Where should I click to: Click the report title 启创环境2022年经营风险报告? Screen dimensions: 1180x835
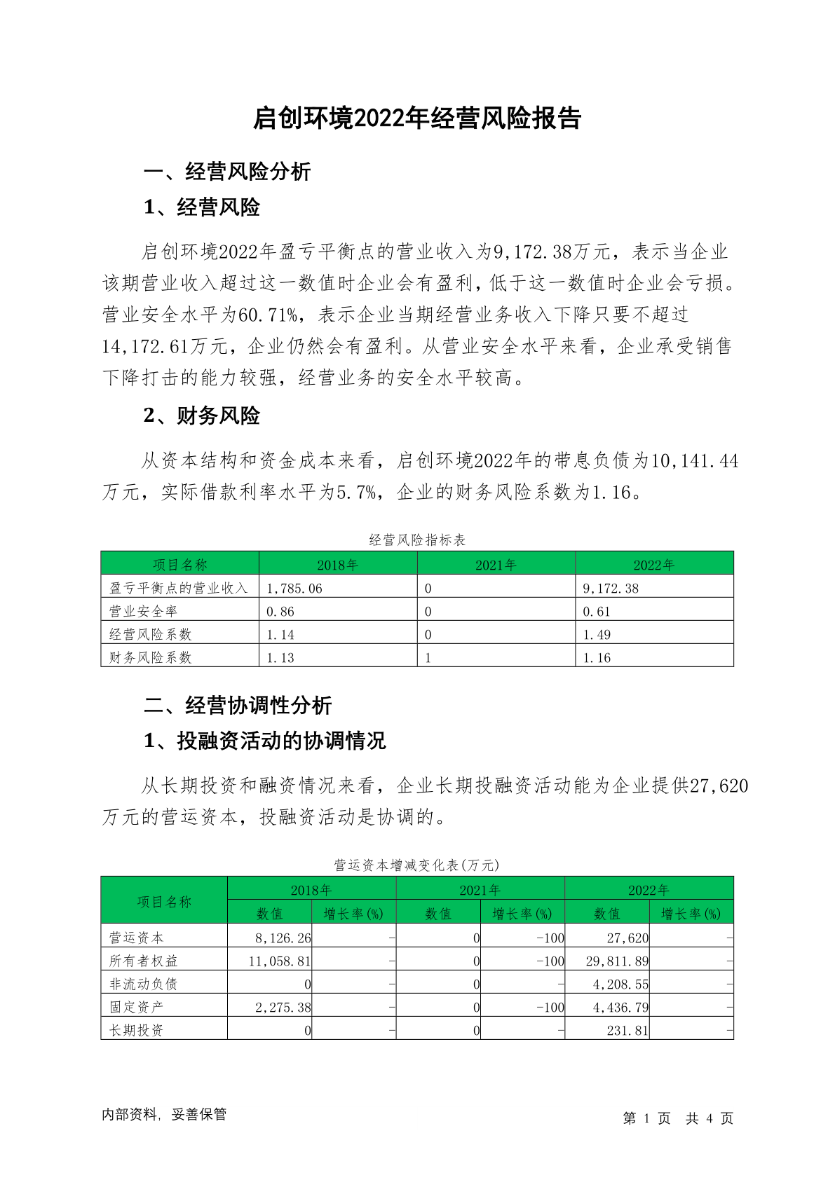(x=417, y=118)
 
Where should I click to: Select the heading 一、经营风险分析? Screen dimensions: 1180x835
(x=227, y=172)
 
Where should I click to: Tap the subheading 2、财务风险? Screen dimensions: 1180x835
(x=202, y=416)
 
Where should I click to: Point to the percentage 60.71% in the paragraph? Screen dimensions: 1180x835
(x=269, y=315)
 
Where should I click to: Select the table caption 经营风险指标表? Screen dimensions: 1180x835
(x=417, y=540)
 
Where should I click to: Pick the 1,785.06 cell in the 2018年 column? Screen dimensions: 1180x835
(x=294, y=589)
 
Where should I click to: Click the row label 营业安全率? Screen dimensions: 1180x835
(x=144, y=612)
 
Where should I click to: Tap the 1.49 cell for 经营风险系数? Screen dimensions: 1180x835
(x=597, y=635)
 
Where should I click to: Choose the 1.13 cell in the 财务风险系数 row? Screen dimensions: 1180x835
(x=280, y=658)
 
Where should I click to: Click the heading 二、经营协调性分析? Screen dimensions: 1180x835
(x=238, y=706)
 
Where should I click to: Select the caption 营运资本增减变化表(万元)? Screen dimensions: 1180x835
(x=417, y=865)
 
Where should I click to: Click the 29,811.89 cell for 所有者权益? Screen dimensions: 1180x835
(x=617, y=961)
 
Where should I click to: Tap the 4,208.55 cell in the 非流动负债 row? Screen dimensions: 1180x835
(x=620, y=984)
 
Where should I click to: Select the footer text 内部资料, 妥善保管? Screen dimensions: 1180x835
(x=164, y=1114)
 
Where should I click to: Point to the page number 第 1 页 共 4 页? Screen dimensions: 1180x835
(x=678, y=1118)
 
